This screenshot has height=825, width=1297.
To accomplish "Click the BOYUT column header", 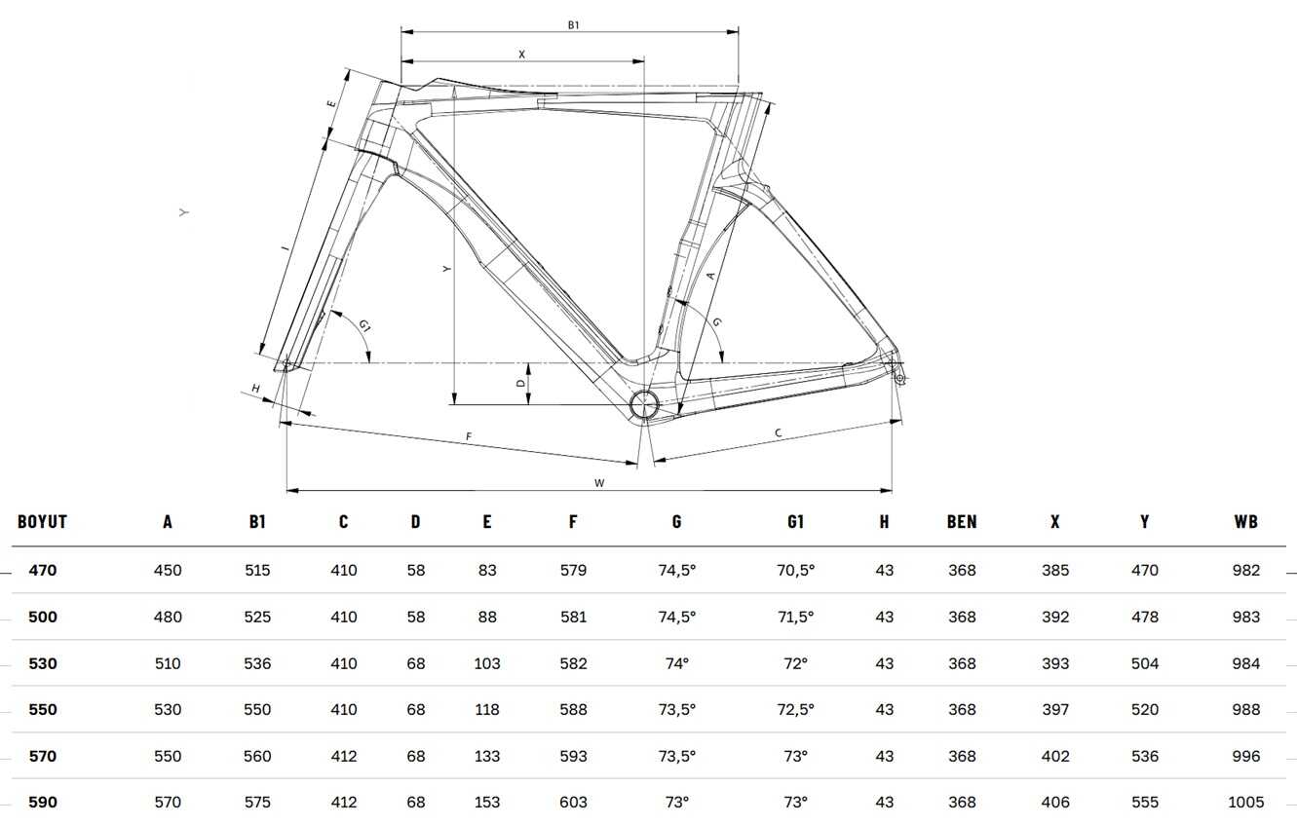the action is click(x=42, y=522).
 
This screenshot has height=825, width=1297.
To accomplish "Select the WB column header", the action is click(x=1245, y=522).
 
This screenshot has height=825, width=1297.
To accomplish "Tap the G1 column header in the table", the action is click(x=795, y=522).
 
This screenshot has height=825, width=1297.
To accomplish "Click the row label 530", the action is click(x=43, y=663).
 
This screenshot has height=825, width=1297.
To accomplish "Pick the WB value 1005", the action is click(x=1245, y=802).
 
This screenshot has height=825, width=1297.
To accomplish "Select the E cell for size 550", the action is click(x=487, y=709).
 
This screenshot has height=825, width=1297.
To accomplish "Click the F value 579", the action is click(x=573, y=570).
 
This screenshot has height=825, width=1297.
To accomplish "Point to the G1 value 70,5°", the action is click(x=795, y=570).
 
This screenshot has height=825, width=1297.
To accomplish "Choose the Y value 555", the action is click(x=1145, y=802).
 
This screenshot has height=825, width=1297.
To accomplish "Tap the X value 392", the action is click(x=1055, y=617).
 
